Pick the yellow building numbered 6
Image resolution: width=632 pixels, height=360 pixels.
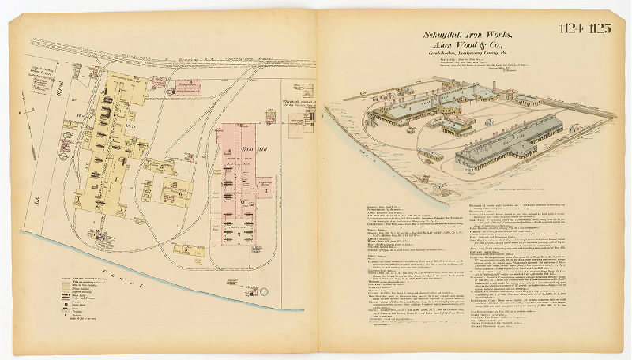[179, 191]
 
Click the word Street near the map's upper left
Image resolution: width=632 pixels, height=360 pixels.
[58, 99]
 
